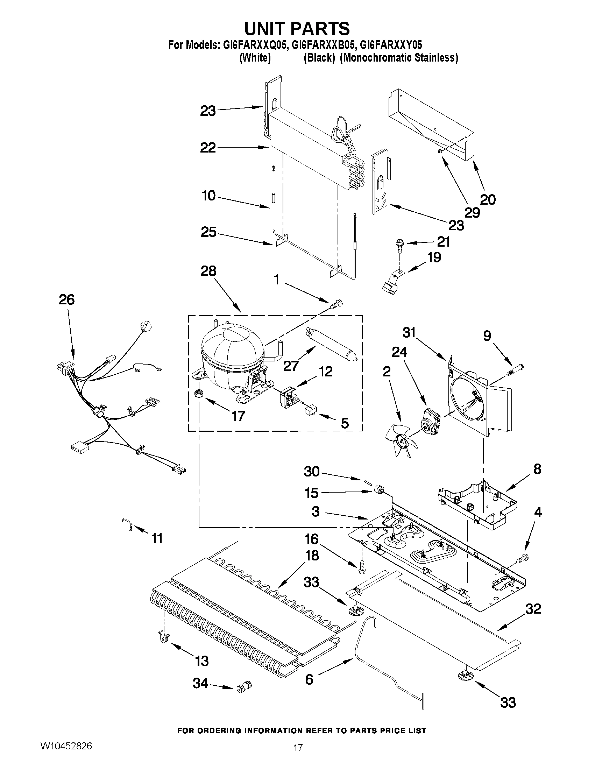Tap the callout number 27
coord(291,366)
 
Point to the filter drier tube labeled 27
coord(332,342)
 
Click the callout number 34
coord(200,683)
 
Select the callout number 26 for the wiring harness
coord(66,299)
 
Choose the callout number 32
coord(533,609)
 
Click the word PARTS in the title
coord(319,29)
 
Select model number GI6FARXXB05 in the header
coord(322,45)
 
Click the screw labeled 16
coord(362,567)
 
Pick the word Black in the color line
coord(319,58)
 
